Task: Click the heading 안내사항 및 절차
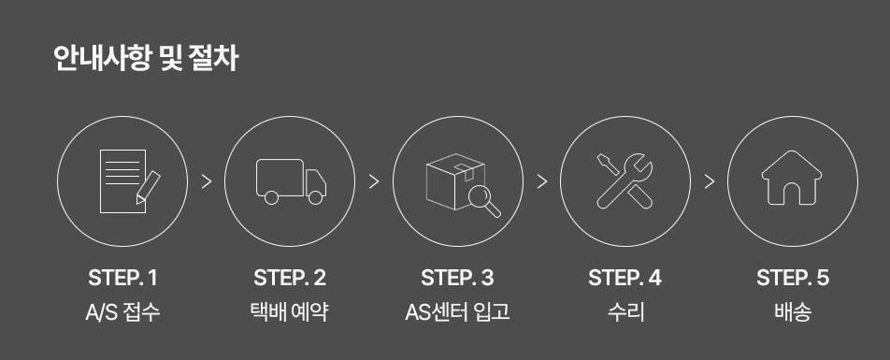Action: pyautogui.click(x=146, y=59)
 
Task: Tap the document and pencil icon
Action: pyautogui.click(x=130, y=181)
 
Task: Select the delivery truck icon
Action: pyautogui.click(x=291, y=181)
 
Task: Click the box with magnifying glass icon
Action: pyautogui.click(x=463, y=185)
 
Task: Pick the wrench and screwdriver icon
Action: pyautogui.click(x=624, y=181)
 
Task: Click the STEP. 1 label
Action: pyautogui.click(x=122, y=278)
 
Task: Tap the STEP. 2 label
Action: pyautogui.click(x=290, y=278)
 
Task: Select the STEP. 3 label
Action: pyautogui.click(x=457, y=278)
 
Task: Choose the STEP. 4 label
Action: pyautogui.click(x=624, y=278)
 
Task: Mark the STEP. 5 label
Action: pyautogui.click(x=793, y=278)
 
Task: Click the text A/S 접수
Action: pyautogui.click(x=122, y=312)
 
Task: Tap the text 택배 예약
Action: pyautogui.click(x=290, y=312)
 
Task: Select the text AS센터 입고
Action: pyautogui.click(x=457, y=312)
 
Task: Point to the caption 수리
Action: pyautogui.click(x=625, y=312)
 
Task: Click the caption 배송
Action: pyautogui.click(x=793, y=312)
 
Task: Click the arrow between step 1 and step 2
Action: pyautogui.click(x=207, y=181)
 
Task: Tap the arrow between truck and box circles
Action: pyautogui.click(x=374, y=181)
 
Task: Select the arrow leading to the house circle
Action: pyautogui.click(x=710, y=181)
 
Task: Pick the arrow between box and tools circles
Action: pyautogui.click(x=542, y=181)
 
